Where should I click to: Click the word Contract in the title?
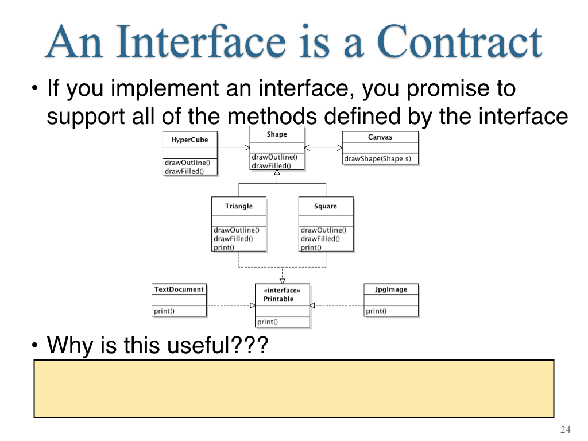click(x=459, y=41)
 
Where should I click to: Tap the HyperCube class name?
click(x=189, y=140)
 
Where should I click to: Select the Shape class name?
click(x=277, y=134)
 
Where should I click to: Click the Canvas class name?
click(x=380, y=137)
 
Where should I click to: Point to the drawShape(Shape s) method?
click(x=378, y=158)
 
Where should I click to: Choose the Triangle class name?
click(x=239, y=206)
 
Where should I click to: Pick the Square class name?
click(x=326, y=206)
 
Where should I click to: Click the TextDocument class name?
click(x=179, y=289)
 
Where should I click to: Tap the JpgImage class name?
click(x=390, y=289)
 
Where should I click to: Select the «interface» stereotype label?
click(x=282, y=290)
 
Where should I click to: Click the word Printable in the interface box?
click(x=278, y=299)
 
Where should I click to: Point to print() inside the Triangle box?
click(x=224, y=247)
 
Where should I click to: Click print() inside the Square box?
click(x=311, y=247)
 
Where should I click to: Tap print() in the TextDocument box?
click(x=164, y=311)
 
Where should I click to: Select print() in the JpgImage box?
click(x=376, y=311)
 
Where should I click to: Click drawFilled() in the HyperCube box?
click(x=184, y=171)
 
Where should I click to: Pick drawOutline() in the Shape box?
click(x=274, y=157)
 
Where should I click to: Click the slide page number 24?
click(x=566, y=430)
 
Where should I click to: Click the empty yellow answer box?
click(x=294, y=389)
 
